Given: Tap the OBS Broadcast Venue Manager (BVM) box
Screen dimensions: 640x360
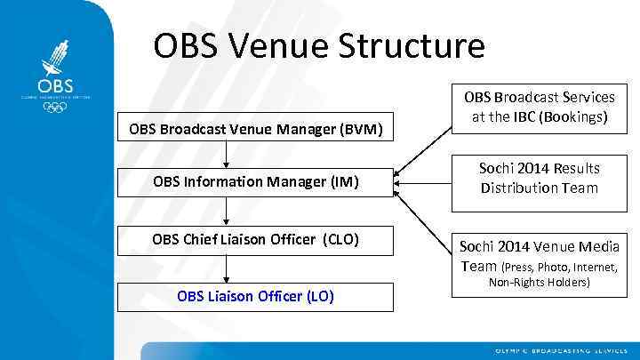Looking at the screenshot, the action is click(x=256, y=131).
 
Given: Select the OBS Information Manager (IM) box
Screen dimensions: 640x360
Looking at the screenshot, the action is click(x=256, y=182).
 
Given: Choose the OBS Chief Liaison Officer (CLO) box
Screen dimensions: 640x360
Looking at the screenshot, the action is click(x=256, y=238).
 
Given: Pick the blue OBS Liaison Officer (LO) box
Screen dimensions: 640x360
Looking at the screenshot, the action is click(x=256, y=296).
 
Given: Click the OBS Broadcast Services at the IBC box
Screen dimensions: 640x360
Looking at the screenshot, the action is click(x=539, y=108).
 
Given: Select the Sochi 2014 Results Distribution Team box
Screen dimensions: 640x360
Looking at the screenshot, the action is click(x=539, y=179).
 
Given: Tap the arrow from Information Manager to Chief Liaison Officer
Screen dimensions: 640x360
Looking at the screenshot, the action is click(x=227, y=211).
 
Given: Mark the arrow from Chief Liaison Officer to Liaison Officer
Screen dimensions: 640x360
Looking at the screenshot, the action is click(x=227, y=268).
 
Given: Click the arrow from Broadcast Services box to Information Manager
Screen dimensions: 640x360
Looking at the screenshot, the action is click(x=423, y=143).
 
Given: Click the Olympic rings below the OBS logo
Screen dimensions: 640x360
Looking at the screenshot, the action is click(x=54, y=108).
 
